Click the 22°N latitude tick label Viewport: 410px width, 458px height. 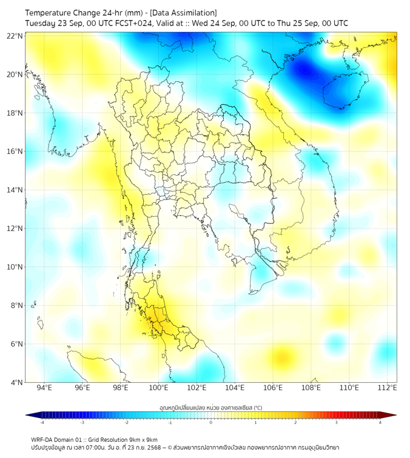[16, 36]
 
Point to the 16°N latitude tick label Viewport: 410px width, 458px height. [16, 151]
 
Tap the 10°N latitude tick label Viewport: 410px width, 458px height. [16, 267]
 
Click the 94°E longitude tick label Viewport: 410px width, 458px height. [44, 388]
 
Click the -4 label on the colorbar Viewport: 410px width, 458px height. [42, 422]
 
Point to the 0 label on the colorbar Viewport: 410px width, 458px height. [211, 422]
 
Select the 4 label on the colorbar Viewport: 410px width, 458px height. [380, 422]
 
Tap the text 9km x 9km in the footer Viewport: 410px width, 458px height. [140, 439]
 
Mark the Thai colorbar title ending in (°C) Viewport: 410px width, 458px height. [210, 407]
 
